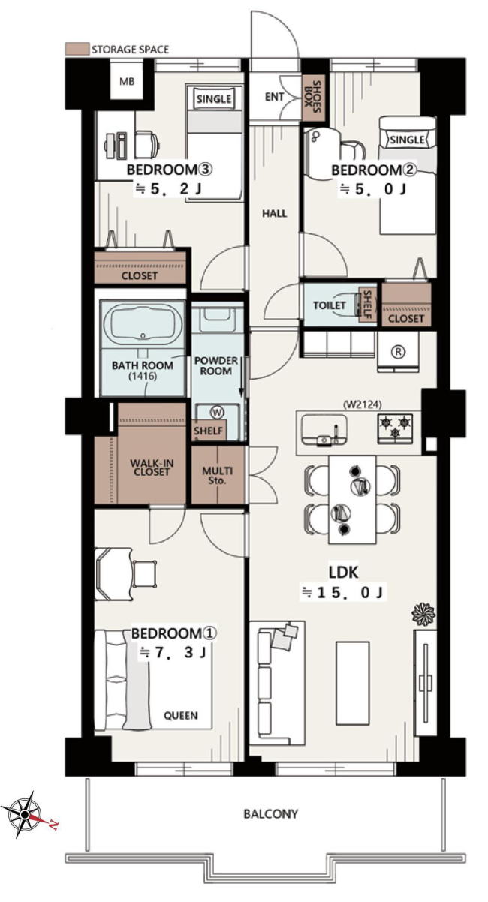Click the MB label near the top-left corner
pyautogui.click(x=127, y=81)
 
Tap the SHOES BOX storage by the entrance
pyautogui.click(x=312, y=97)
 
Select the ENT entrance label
pyautogui.click(x=275, y=97)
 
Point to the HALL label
pyautogui.click(x=275, y=213)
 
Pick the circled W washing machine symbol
pyautogui.click(x=217, y=412)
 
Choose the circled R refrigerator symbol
pyautogui.click(x=398, y=351)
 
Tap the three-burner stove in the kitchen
pyautogui.click(x=395, y=428)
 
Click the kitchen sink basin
pyautogui.click(x=324, y=430)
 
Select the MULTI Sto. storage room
pyautogui.click(x=218, y=475)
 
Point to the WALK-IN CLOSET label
pyautogui.click(x=152, y=467)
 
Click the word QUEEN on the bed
pyautogui.click(x=180, y=715)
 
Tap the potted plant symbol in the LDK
pyautogui.click(x=423, y=614)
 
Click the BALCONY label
pyautogui.click(x=270, y=813)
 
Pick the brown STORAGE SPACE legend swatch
pyautogui.click(x=77, y=49)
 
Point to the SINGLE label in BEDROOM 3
pyautogui.click(x=214, y=99)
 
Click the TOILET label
pyautogui.click(x=330, y=305)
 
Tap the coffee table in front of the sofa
pyautogui.click(x=353, y=683)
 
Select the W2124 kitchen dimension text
pyautogui.click(x=363, y=404)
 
